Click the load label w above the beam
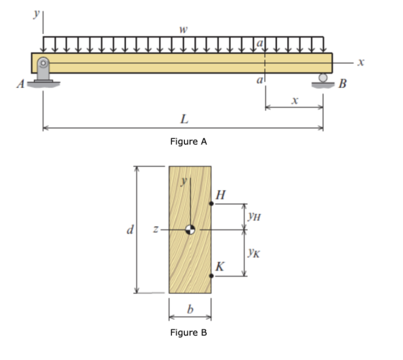[x=184, y=30]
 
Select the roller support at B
[x=323, y=81]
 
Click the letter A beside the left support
[x=21, y=84]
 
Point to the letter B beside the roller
[x=343, y=84]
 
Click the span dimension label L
[x=184, y=119]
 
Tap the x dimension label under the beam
[x=295, y=100]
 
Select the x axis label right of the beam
[x=361, y=62]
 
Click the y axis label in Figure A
[x=37, y=14]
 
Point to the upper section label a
[x=260, y=43]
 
